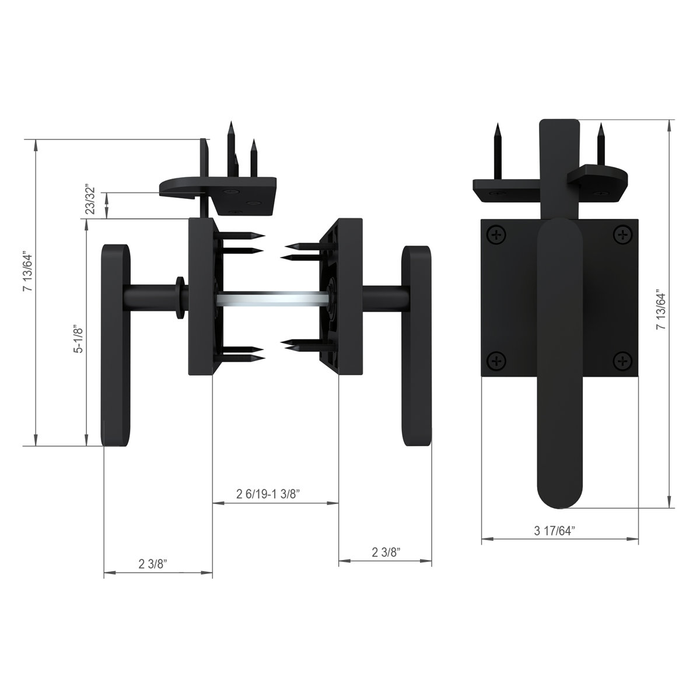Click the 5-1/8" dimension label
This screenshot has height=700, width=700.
(80, 340)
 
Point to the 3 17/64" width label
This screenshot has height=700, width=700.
(554, 530)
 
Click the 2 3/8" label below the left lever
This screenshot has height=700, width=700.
(153, 563)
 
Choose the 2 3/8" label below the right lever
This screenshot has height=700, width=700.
(386, 552)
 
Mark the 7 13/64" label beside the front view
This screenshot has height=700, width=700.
(661, 310)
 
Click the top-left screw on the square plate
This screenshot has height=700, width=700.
(496, 236)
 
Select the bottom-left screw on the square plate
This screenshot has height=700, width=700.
(496, 361)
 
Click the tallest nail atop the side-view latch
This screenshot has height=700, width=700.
(231, 146)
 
